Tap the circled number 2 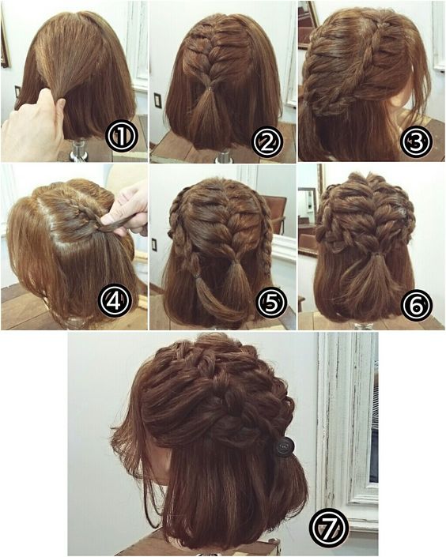click(268, 141)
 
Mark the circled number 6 click(417, 303)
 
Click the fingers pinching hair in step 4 click(127, 213)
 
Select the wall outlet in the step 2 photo click(158, 100)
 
